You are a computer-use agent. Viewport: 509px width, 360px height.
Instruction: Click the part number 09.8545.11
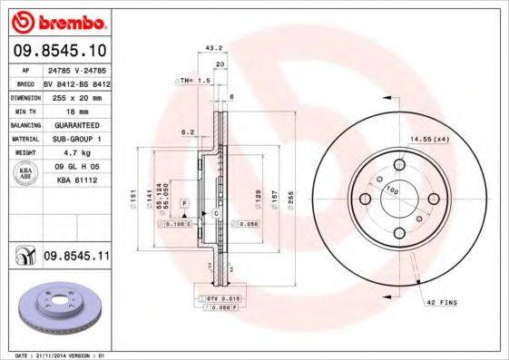point(76,258)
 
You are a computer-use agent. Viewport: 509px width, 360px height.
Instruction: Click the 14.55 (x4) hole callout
point(428,139)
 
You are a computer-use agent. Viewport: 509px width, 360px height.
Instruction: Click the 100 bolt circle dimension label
point(392,190)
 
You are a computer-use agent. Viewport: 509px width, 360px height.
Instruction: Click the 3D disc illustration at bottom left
point(54,307)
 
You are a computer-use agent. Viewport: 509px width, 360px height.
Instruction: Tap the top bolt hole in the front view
point(399,164)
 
